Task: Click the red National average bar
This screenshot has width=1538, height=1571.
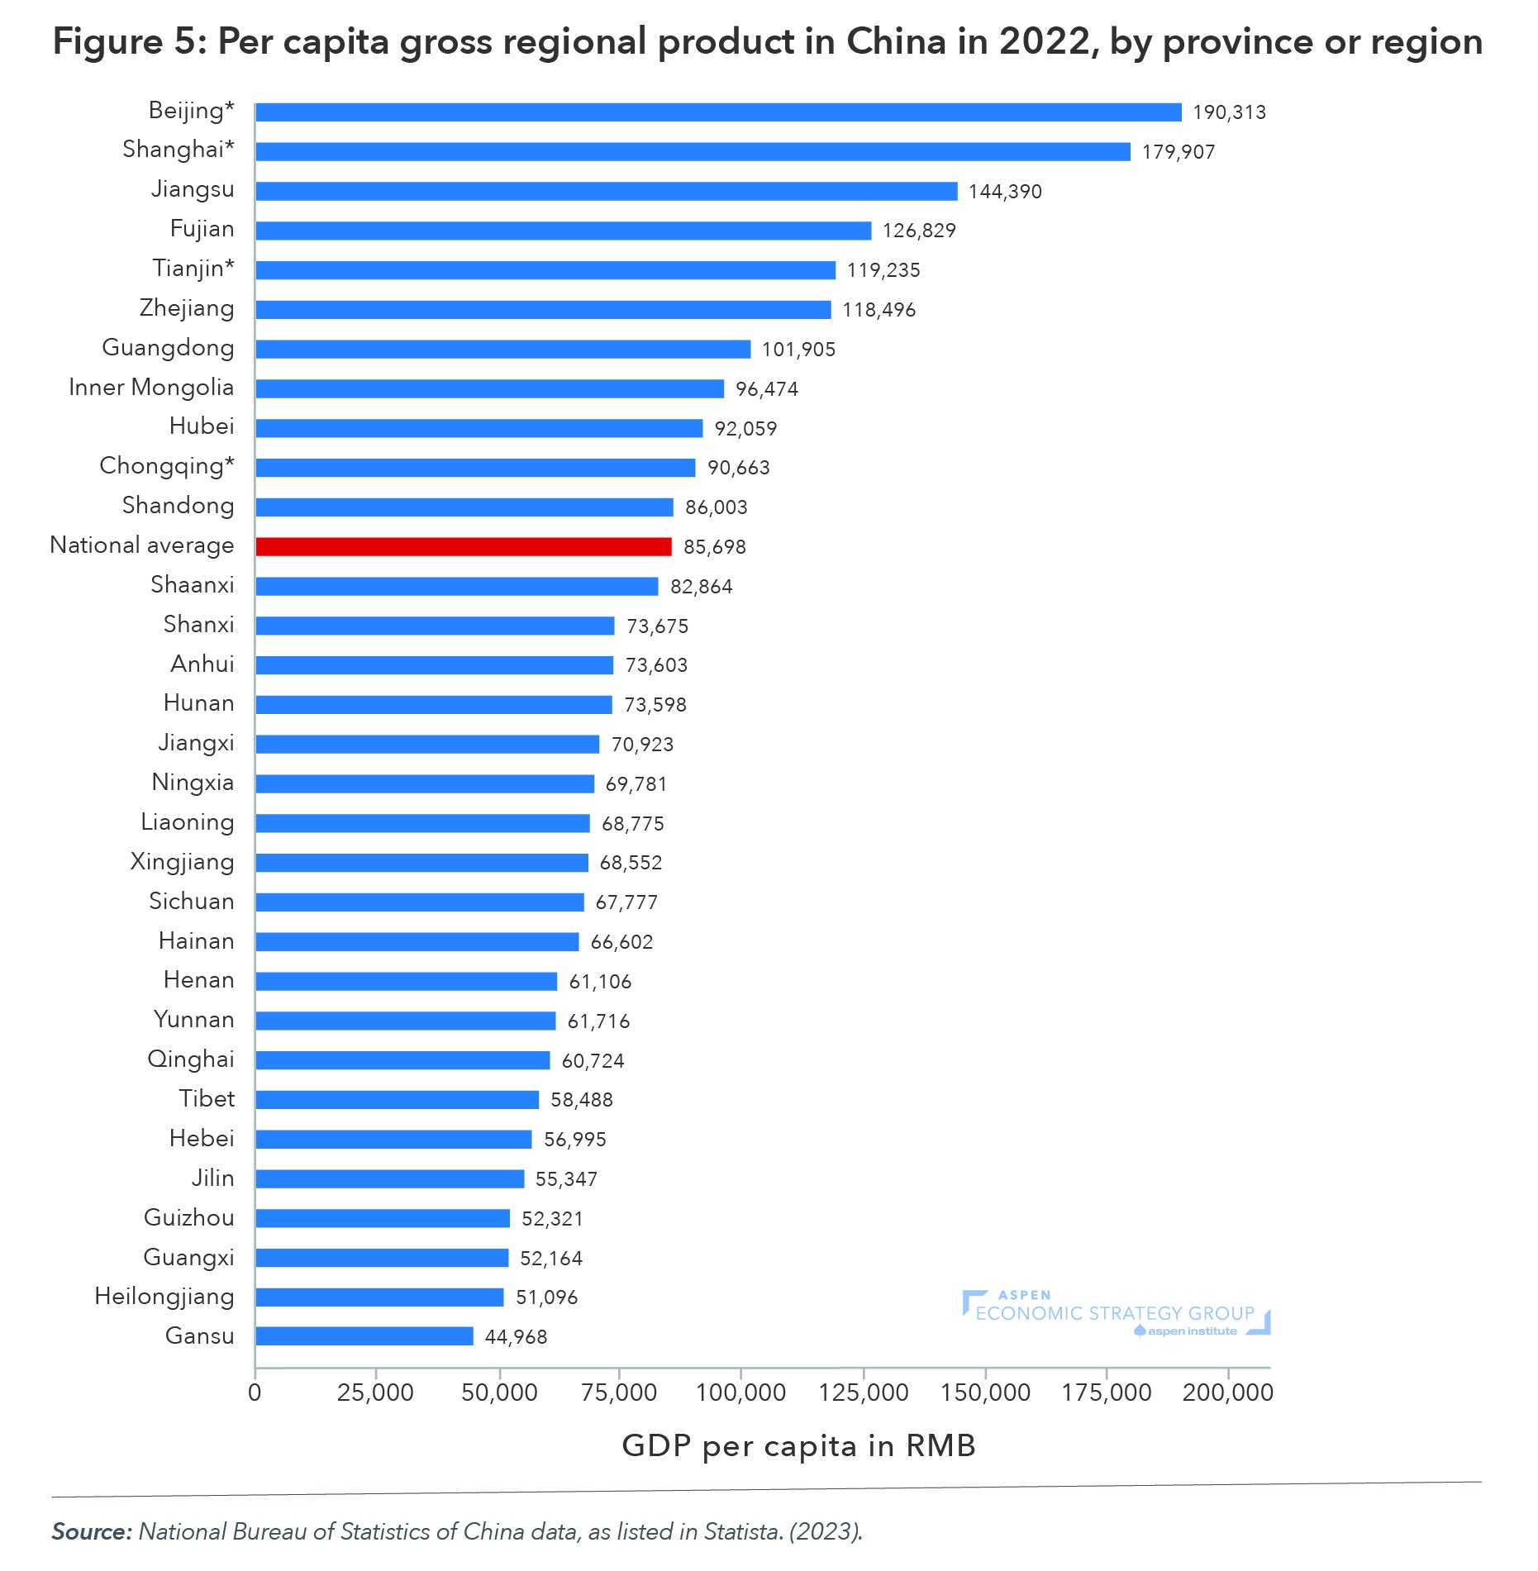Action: [x=463, y=546]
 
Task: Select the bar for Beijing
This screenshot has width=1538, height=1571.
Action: [x=717, y=112]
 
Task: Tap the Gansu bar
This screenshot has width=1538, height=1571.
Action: [x=364, y=1336]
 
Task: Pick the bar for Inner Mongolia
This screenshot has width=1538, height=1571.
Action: [x=489, y=388]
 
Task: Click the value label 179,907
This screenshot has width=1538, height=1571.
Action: [x=1178, y=152]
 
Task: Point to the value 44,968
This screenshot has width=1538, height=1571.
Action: [x=516, y=1337]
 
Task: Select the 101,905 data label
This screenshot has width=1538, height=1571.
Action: [x=798, y=350]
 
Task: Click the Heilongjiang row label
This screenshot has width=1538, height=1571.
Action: [x=164, y=1297]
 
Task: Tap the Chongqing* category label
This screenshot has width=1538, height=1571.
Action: [x=166, y=467]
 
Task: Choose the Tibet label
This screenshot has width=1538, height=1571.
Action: [x=207, y=1099]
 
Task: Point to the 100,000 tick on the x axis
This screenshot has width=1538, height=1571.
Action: [x=740, y=1393]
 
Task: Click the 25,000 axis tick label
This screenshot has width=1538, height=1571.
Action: [x=375, y=1393]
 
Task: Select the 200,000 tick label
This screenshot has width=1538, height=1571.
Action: [x=1227, y=1393]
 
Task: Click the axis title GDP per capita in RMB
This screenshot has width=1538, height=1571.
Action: [x=798, y=1446]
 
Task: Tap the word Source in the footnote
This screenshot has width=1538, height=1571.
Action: [x=91, y=1531]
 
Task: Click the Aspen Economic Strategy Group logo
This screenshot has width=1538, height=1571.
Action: [x=1116, y=1313]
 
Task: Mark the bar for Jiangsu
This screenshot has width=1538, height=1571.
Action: [x=606, y=192]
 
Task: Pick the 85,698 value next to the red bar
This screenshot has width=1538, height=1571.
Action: [x=714, y=547]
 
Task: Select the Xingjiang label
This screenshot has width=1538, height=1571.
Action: [x=182, y=862]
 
